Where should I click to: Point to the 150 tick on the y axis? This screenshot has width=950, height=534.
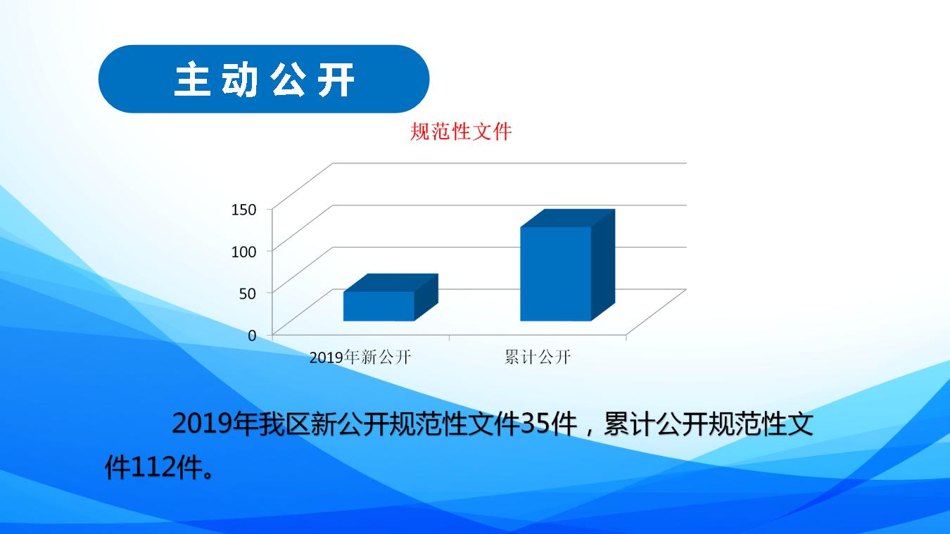[x=244, y=210]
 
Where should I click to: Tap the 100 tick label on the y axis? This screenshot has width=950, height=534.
[x=244, y=251]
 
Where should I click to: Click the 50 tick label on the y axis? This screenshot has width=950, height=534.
[x=248, y=293]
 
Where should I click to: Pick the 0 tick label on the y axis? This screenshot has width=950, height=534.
[x=253, y=336]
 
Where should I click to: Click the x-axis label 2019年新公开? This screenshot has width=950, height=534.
[x=360, y=357]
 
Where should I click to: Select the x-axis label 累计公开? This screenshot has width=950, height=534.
[x=538, y=357]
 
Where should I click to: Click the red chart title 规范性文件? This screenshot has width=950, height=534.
[x=461, y=132]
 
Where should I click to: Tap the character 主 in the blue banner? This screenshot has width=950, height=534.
[x=193, y=80]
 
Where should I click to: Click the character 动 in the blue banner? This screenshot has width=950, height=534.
[x=240, y=80]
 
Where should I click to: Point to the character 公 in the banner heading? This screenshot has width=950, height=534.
[x=288, y=80]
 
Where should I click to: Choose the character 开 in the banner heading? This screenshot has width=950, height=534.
[x=336, y=80]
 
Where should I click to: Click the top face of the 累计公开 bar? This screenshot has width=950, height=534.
[x=568, y=218]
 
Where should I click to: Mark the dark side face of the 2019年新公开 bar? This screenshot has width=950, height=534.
[x=426, y=297]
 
